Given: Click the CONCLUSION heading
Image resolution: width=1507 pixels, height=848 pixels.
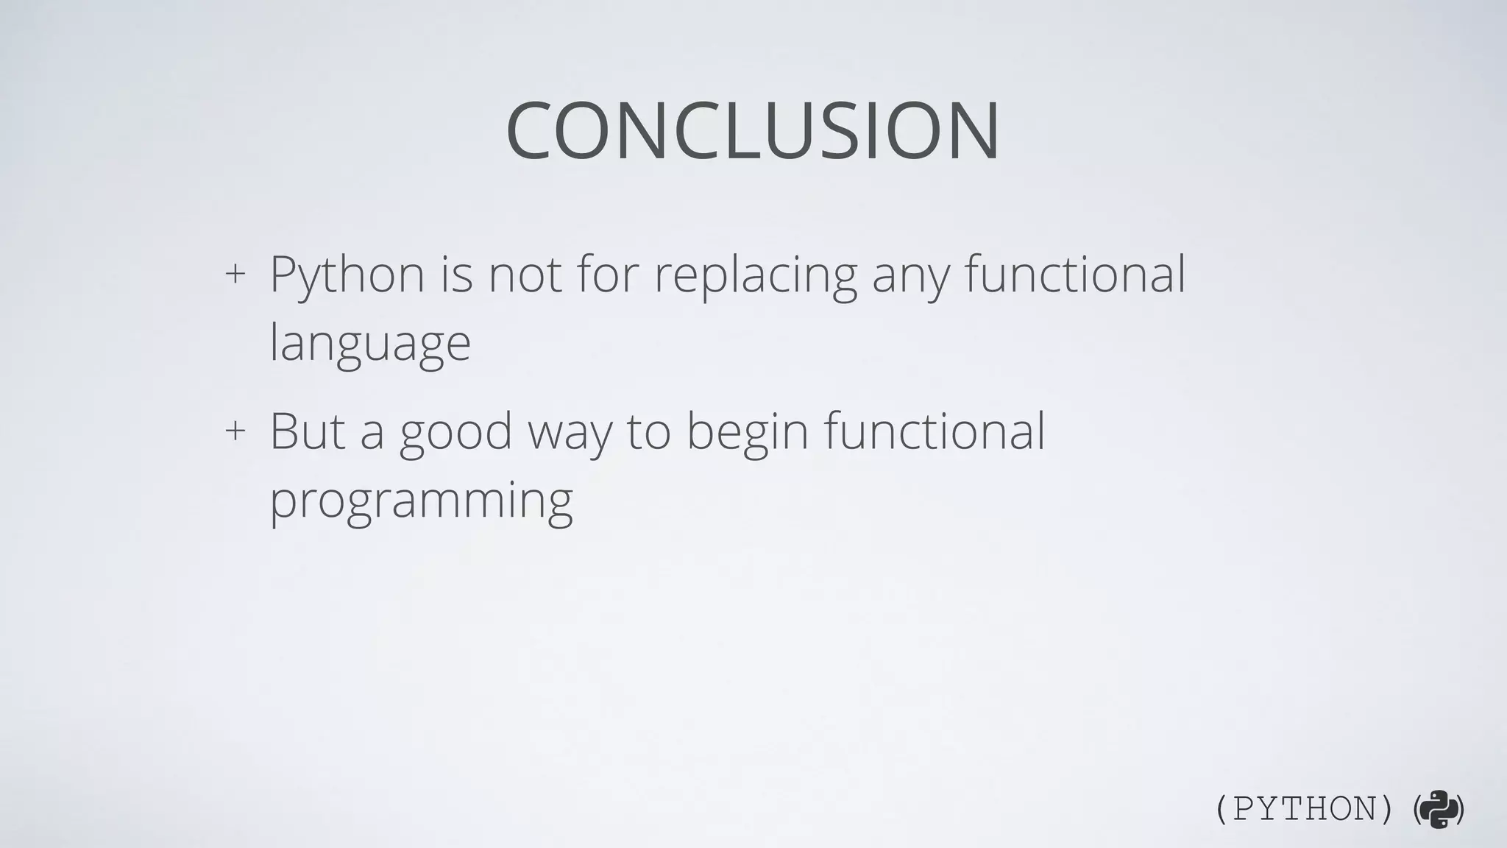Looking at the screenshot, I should (753, 131).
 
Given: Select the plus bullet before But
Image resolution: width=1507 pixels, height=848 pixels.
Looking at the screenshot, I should (235, 430).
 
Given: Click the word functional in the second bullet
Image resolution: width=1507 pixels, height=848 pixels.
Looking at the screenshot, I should (934, 431).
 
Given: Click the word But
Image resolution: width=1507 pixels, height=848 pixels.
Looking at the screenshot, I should (308, 431).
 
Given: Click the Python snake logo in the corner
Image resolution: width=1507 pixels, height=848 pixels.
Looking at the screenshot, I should (1439, 810).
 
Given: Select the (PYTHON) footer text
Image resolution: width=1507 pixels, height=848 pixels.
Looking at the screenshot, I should (1303, 810).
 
